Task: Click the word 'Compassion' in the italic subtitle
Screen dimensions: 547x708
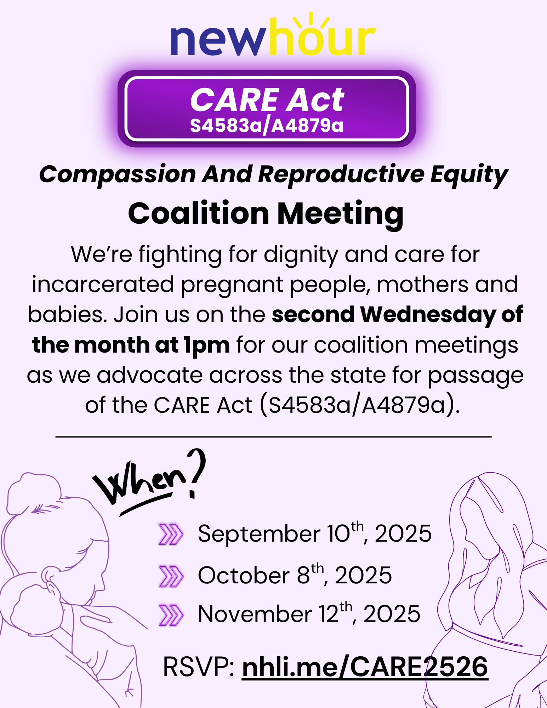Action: (x=117, y=175)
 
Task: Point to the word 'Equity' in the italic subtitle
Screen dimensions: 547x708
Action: (x=469, y=175)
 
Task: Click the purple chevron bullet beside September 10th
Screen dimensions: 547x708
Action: (x=171, y=534)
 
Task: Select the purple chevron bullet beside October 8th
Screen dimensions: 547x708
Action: (x=171, y=576)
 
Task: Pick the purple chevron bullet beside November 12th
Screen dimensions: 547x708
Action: (x=171, y=615)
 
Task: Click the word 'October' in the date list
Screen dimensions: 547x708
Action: (x=244, y=575)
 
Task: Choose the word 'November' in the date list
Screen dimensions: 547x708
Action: (x=255, y=614)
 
